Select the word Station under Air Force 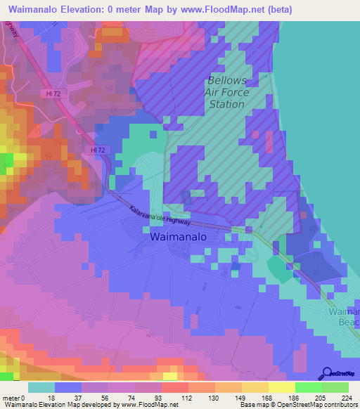point(226,104)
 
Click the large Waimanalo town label point(179,238)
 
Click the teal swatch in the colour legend point(41,388)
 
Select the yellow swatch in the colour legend point(281,388)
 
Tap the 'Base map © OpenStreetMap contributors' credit point(298,404)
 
